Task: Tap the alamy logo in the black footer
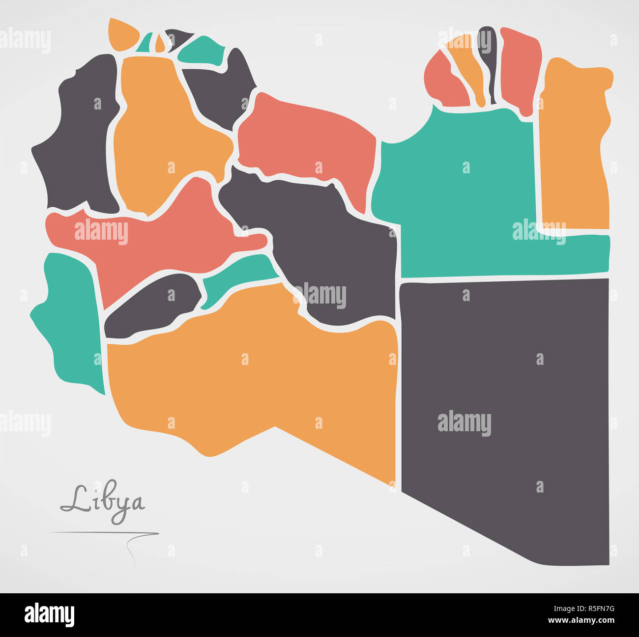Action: click(x=49, y=615)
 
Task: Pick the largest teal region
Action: click(x=457, y=196)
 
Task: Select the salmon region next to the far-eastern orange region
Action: click(x=520, y=69)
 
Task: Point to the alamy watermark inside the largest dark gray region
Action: click(x=464, y=423)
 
